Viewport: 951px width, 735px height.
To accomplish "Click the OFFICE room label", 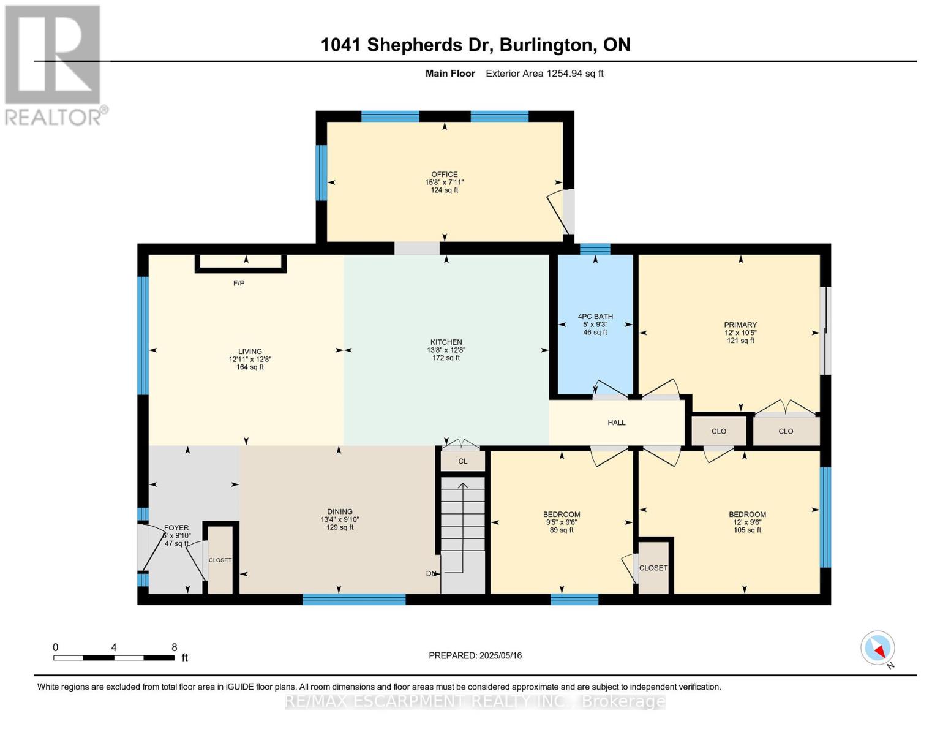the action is pos(444,174).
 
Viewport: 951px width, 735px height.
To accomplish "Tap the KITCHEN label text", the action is pos(446,342).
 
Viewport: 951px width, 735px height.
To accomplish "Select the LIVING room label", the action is pos(250,351).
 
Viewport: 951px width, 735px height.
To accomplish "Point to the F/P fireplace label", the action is pos(239,283).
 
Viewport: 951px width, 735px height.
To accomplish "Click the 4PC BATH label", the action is pos(595,317).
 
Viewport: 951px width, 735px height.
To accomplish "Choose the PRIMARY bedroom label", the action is pos(740,325).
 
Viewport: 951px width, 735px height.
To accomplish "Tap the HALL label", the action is pos(616,423).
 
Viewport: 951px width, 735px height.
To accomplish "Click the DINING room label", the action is pos(340,511).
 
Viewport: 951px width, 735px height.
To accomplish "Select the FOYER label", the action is pos(176,528).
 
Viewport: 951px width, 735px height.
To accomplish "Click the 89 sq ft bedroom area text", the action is pos(562,530).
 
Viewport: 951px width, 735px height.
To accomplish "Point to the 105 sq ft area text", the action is pos(747,530).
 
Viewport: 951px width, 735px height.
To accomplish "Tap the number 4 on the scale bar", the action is pos(114,647).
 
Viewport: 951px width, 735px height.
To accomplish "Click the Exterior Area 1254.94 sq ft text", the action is pos(544,73).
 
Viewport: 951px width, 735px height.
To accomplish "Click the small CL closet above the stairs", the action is pos(462,461).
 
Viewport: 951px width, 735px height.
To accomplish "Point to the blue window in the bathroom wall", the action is pos(595,249).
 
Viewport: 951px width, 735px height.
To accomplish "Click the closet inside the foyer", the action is pos(220,560).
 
